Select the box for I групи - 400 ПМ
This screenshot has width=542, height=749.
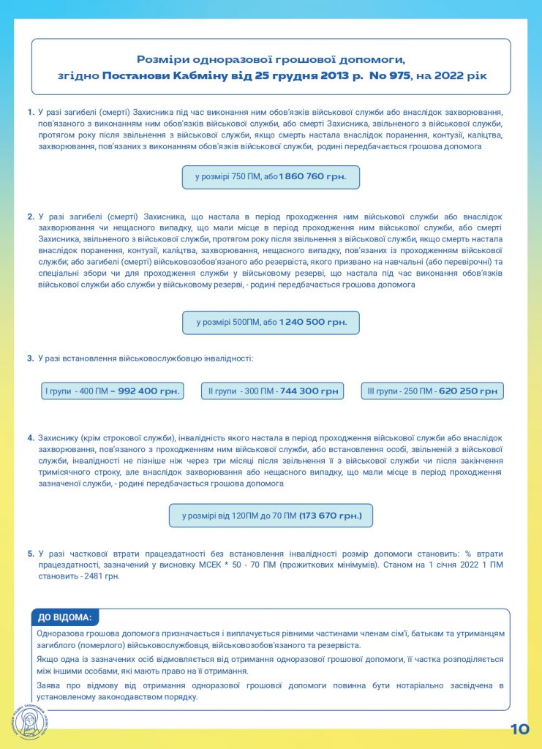click(110, 391)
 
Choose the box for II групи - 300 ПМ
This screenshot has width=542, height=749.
click(273, 391)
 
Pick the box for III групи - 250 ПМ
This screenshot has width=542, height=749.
click(432, 391)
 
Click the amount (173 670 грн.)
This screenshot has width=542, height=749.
click(331, 516)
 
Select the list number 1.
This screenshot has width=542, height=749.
click(31, 112)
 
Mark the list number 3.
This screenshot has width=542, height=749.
click(31, 358)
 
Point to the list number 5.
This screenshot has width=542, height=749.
click(31, 554)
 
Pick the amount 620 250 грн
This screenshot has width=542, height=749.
click(469, 391)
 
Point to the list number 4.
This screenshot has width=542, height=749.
click(31, 438)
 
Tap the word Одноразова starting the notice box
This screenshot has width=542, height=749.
click(60, 633)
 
